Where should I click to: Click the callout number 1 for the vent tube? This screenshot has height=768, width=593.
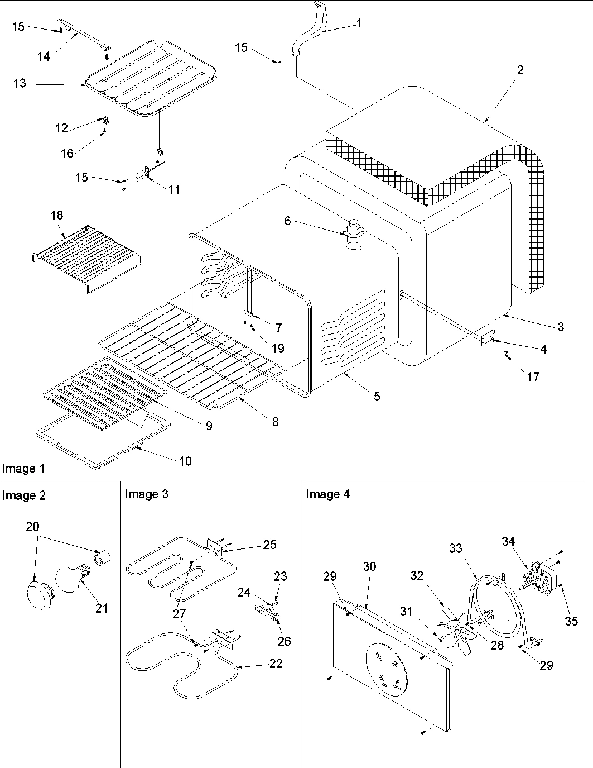[x=359, y=23]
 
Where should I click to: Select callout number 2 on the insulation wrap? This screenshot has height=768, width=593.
[x=520, y=70]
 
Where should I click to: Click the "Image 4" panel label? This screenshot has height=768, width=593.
[x=328, y=494]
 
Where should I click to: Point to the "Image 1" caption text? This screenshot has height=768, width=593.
[x=23, y=469]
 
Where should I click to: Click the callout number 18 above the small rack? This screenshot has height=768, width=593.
[x=57, y=216]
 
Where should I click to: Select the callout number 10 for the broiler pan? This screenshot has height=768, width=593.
[x=185, y=461]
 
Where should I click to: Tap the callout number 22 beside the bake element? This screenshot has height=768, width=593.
[x=276, y=664]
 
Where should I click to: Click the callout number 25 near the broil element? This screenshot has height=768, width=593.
[x=269, y=545]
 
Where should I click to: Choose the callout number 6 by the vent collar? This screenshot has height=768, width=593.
[x=287, y=221]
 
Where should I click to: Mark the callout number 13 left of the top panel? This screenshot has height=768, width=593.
[x=20, y=83]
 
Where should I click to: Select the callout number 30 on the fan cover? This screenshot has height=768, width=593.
[x=369, y=567]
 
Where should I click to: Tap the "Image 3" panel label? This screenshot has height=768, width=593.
[x=147, y=494]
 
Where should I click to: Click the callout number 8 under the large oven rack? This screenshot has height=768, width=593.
[x=275, y=422]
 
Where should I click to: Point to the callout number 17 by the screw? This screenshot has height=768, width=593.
[x=533, y=377]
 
